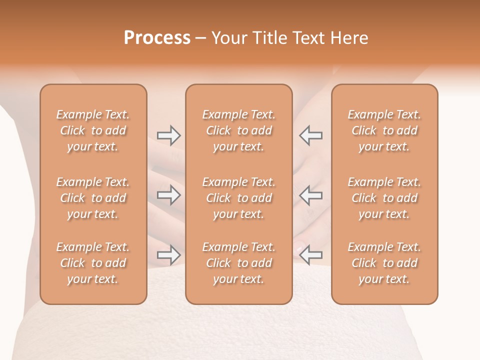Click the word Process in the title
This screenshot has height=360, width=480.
point(157,38)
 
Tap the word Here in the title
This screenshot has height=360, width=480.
point(349,38)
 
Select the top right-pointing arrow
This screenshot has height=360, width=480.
point(168,135)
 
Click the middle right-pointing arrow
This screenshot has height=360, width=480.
point(168,195)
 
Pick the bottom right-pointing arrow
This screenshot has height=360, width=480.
point(168,255)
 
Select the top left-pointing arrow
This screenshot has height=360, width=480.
point(311,135)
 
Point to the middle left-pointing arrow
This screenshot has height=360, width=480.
point(311,195)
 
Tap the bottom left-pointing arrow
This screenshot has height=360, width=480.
point(311,255)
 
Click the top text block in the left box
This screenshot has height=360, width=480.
point(93,130)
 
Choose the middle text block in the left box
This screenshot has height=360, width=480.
point(93,198)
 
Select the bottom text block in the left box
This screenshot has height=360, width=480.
point(93,263)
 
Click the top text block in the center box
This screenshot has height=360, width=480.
point(238,130)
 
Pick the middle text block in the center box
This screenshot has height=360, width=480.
point(238,198)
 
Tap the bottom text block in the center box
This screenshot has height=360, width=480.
point(238,263)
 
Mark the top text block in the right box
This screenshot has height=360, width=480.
point(384,130)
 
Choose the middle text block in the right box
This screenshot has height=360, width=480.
point(384,198)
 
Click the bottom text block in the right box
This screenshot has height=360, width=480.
point(384,263)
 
